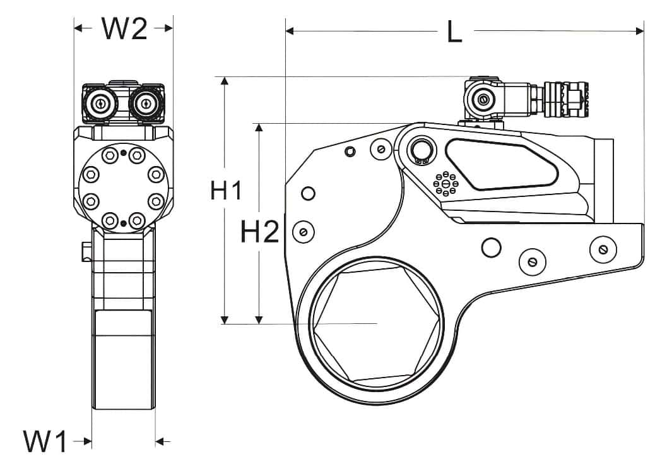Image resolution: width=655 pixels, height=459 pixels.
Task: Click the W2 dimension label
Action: (x=124, y=28)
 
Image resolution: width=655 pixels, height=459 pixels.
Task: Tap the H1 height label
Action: (x=225, y=191)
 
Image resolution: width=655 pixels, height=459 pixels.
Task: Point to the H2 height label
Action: (x=259, y=234)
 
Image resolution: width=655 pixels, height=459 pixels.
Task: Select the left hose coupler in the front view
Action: (x=99, y=103)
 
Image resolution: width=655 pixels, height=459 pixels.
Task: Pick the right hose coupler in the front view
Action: (x=146, y=103)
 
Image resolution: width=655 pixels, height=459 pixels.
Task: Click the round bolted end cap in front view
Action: (x=123, y=188)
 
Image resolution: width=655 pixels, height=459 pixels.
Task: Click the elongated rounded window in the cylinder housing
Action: (x=502, y=164)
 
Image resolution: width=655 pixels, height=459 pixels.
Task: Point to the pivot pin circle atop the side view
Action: (x=420, y=150)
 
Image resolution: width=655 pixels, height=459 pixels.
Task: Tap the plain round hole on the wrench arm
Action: (x=491, y=247)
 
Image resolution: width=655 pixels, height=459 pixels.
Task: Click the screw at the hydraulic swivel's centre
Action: (x=483, y=98)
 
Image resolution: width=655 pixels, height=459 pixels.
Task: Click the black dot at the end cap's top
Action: (x=124, y=152)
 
